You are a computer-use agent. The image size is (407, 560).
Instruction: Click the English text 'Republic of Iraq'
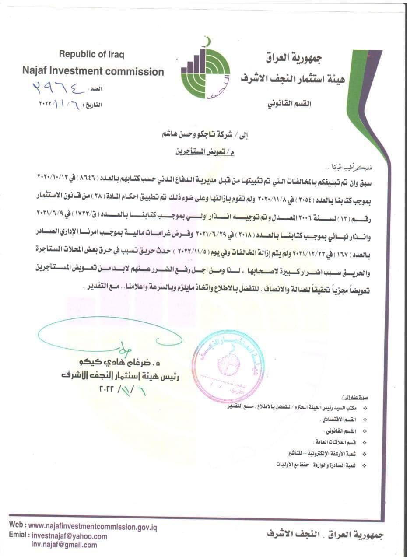91,55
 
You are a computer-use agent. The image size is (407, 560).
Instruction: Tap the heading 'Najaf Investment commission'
93,71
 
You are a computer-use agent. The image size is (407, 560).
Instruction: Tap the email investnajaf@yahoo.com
69,536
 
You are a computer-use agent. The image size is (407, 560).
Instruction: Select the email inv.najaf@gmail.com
64,545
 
